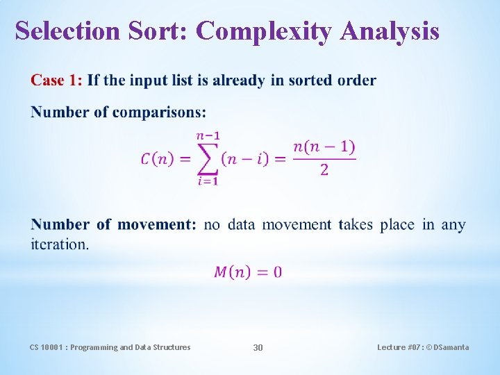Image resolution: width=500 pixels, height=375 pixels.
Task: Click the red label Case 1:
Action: click(56, 81)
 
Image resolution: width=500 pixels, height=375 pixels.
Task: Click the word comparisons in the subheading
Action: click(158, 112)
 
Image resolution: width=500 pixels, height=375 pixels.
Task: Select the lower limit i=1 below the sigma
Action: click(207, 182)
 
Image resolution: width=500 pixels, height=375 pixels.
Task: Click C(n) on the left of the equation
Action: click(158, 159)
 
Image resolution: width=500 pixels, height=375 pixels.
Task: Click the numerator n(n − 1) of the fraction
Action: click(324, 147)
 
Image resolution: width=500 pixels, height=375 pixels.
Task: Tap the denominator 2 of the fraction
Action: click(324, 171)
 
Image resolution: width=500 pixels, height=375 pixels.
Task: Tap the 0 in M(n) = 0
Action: click(278, 272)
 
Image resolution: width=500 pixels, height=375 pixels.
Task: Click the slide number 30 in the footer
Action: click(258, 347)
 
